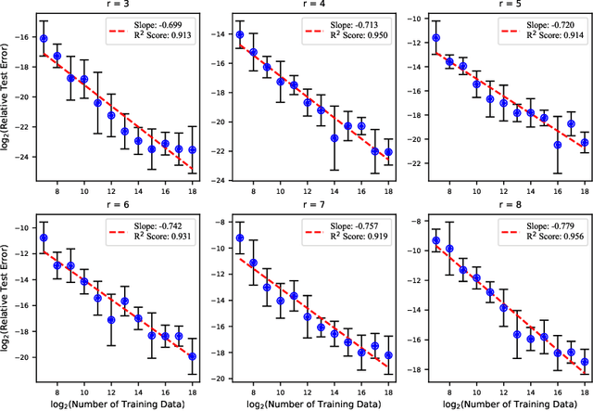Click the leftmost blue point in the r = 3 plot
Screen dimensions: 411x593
point(44,38)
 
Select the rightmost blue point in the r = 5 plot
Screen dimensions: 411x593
point(585,143)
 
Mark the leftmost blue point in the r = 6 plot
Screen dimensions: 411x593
point(44,238)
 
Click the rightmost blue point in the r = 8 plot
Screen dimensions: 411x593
point(585,362)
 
